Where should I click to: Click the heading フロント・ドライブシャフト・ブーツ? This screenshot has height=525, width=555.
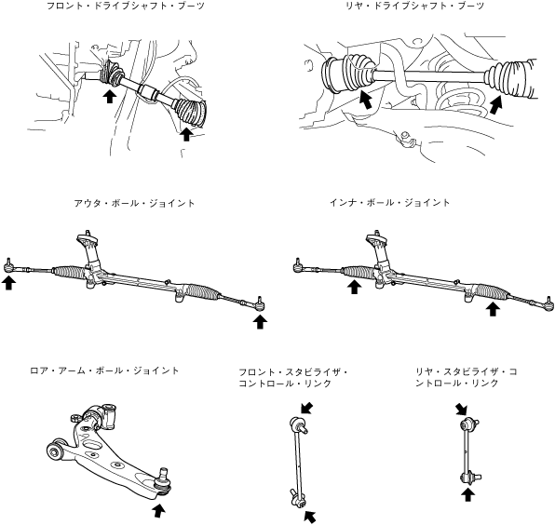tap(126, 6)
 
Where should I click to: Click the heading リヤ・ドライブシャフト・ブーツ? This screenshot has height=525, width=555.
tap(414, 6)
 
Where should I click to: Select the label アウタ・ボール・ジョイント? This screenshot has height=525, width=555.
tap(134, 203)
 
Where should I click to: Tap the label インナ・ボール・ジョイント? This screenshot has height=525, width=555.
tap(389, 203)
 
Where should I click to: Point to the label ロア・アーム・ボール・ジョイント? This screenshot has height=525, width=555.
tap(105, 370)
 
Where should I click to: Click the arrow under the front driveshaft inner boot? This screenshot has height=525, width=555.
tap(110, 96)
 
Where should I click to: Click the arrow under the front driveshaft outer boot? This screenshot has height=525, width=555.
tap(186, 134)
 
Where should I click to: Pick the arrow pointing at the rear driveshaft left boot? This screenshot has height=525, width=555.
tap(365, 99)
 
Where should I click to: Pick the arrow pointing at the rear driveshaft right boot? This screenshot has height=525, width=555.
tap(496, 104)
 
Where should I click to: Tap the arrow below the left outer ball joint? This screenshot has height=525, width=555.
tap(9, 283)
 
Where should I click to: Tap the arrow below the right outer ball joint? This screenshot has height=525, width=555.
tap(260, 321)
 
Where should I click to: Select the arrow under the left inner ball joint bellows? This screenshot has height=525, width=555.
tap(354, 287)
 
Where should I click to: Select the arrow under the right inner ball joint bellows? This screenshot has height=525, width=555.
tap(493, 309)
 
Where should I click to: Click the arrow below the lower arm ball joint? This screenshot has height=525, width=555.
tap(158, 511)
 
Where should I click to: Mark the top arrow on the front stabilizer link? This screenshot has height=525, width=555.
tap(307, 407)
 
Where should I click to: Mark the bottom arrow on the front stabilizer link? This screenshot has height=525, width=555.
tap(310, 517)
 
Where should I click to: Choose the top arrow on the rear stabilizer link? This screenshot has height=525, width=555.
tap(461, 410)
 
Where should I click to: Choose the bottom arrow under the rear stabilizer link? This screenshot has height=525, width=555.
tap(467, 494)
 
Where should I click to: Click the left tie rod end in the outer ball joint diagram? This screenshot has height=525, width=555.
tap(9, 266)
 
